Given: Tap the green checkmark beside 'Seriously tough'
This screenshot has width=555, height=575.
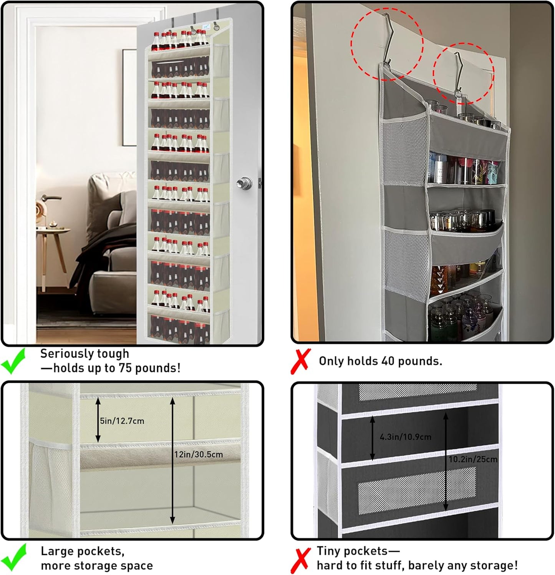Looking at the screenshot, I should tap(13, 361).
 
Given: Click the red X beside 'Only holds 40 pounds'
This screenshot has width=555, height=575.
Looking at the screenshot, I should tap(301, 361).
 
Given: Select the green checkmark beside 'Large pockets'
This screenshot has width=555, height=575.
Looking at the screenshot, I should tap(14, 557).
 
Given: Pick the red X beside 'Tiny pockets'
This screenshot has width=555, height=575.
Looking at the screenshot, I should tap(301, 560).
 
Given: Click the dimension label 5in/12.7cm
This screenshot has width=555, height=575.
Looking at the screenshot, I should tap(122, 421).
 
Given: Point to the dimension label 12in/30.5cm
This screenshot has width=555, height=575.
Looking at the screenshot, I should tap(199, 454).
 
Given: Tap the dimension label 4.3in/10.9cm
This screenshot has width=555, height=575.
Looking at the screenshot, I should tap(405, 437).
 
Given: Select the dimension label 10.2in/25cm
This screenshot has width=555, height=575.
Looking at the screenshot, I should tap(473, 459).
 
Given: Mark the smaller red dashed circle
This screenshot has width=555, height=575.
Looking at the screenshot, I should tap(463, 73).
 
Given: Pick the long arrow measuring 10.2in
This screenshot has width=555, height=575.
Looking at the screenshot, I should tap(446, 461).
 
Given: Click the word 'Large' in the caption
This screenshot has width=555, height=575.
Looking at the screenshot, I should tap(58, 551).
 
